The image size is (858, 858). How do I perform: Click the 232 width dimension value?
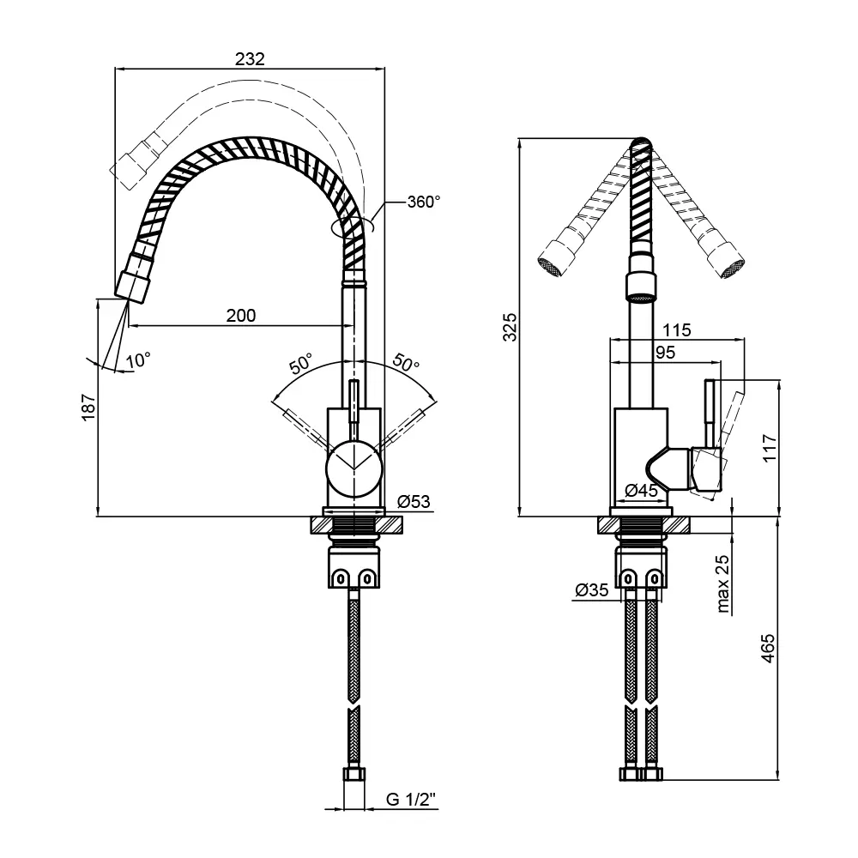(250, 59)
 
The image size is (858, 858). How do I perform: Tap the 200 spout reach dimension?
(241, 315)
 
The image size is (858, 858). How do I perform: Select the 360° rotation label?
(423, 202)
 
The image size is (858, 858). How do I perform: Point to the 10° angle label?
(137, 360)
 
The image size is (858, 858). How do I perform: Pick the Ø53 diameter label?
(414, 502)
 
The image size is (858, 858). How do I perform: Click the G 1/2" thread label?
(411, 800)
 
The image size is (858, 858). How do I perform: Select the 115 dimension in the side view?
(677, 329)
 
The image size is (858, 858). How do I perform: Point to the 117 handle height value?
(769, 448)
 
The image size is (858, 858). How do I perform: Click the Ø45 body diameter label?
(641, 491)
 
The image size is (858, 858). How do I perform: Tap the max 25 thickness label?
(722, 584)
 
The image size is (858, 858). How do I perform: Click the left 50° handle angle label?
(301, 363)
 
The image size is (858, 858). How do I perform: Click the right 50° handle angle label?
(406, 363)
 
